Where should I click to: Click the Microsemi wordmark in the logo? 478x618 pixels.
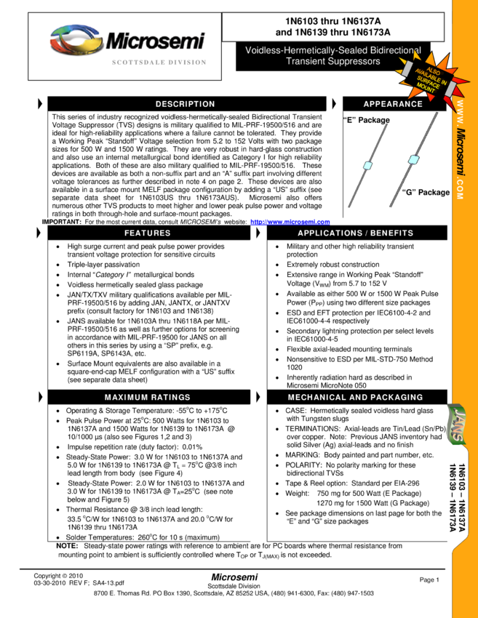coord(155,41)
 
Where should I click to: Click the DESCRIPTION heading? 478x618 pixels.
coord(185,104)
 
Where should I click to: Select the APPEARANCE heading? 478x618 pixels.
coord(393,104)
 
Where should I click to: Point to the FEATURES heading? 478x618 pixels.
coord(147,233)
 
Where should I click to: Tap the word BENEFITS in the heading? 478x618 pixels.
coord(391,233)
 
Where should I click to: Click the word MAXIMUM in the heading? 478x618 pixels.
coord(127,398)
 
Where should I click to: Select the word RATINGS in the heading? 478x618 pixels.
coord(171,398)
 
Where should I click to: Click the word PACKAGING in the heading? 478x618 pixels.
coord(396,398)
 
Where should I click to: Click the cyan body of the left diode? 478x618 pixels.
coord(367,166)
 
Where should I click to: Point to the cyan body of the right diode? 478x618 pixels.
coord(414,159)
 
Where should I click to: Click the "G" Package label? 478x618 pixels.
coord(425,193)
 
